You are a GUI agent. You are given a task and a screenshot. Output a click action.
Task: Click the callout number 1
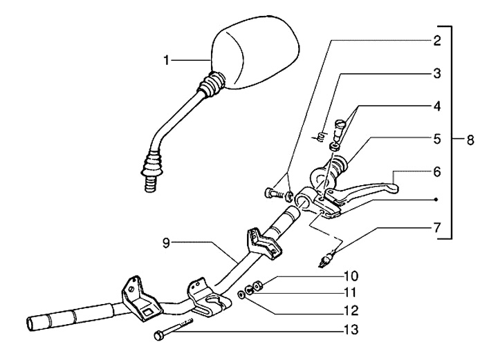166,61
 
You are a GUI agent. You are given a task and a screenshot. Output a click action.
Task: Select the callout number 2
437,40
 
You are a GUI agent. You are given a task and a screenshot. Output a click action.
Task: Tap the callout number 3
437,73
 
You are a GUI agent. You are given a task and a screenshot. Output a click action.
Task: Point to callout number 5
437,138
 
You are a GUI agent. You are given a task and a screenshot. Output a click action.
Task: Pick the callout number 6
437,171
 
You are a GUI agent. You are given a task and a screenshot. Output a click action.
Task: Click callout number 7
437,227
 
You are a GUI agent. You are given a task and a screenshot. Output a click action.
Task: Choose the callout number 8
470,140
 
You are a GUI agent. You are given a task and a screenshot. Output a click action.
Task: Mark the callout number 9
166,243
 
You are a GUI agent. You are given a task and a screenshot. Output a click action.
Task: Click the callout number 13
352,331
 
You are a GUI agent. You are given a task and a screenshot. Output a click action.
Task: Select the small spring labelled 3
320,136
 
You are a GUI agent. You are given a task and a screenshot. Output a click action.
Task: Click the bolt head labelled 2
270,193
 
